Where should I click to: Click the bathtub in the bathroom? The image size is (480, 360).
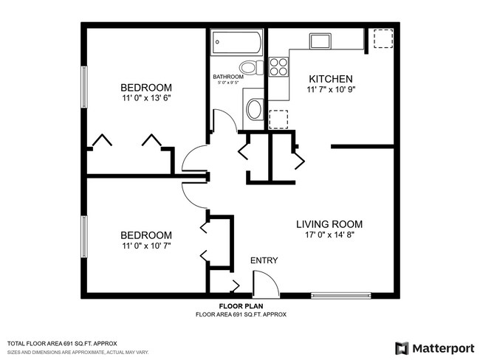pos(236,42)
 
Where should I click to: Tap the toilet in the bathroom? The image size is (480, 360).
pos(251,69)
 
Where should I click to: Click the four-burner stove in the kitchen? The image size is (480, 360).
pos(278,68)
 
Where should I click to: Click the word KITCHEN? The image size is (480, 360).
pos(330,79)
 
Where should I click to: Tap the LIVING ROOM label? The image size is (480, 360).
pos(329,224)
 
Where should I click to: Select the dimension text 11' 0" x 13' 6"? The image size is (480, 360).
pos(151,97)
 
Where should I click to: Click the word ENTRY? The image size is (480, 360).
pos(264,261)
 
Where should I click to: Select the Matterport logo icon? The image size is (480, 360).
pos(402,347)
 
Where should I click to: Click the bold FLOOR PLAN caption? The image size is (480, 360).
pos(241,306)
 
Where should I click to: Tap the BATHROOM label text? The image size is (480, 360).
pos(228,77)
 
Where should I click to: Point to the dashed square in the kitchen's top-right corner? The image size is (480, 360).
pos(383,39)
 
